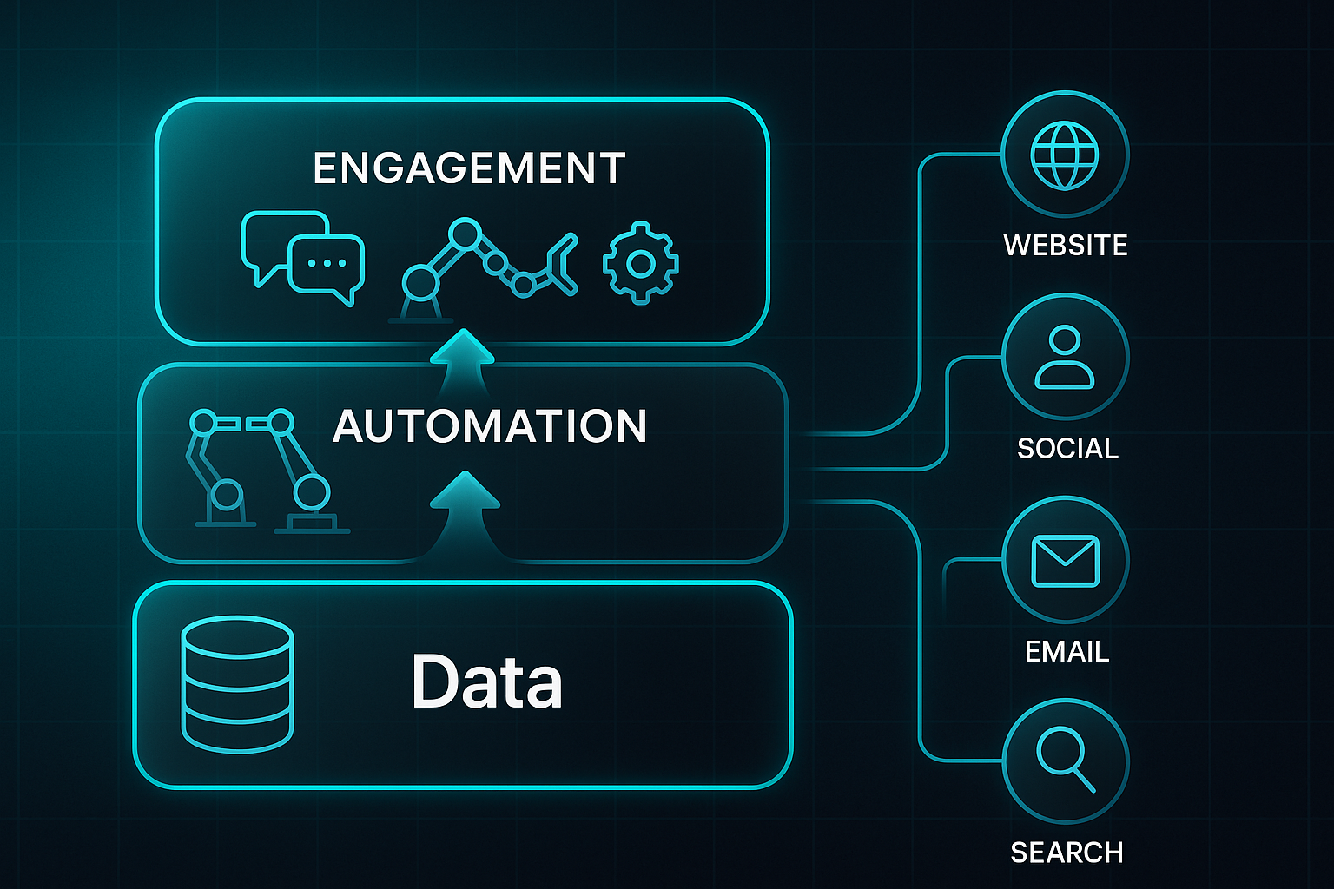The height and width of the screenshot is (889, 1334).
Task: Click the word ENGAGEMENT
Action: click(x=469, y=168)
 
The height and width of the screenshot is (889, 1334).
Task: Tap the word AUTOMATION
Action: click(x=490, y=426)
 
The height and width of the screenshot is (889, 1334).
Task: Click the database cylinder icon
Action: click(x=237, y=683)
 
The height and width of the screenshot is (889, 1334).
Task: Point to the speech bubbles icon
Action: click(x=301, y=257)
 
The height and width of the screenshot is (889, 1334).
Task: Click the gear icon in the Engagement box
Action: click(x=641, y=262)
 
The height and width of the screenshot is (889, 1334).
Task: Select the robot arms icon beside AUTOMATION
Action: click(x=261, y=469)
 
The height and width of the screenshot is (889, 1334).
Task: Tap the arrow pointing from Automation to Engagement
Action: click(x=462, y=361)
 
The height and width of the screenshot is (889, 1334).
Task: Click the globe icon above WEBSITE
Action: click(x=1065, y=155)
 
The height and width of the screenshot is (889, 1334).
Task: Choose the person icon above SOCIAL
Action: click(x=1065, y=357)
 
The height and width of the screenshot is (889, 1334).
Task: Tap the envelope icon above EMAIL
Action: click(x=1065, y=561)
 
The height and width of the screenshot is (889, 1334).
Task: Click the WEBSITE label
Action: click(x=1066, y=246)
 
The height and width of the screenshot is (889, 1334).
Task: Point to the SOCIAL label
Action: click(x=1067, y=449)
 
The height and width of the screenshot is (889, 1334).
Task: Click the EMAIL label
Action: click(x=1067, y=652)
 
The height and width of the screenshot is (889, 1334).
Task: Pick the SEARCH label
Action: click(x=1067, y=853)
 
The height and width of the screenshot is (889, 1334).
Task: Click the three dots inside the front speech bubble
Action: click(x=327, y=263)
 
